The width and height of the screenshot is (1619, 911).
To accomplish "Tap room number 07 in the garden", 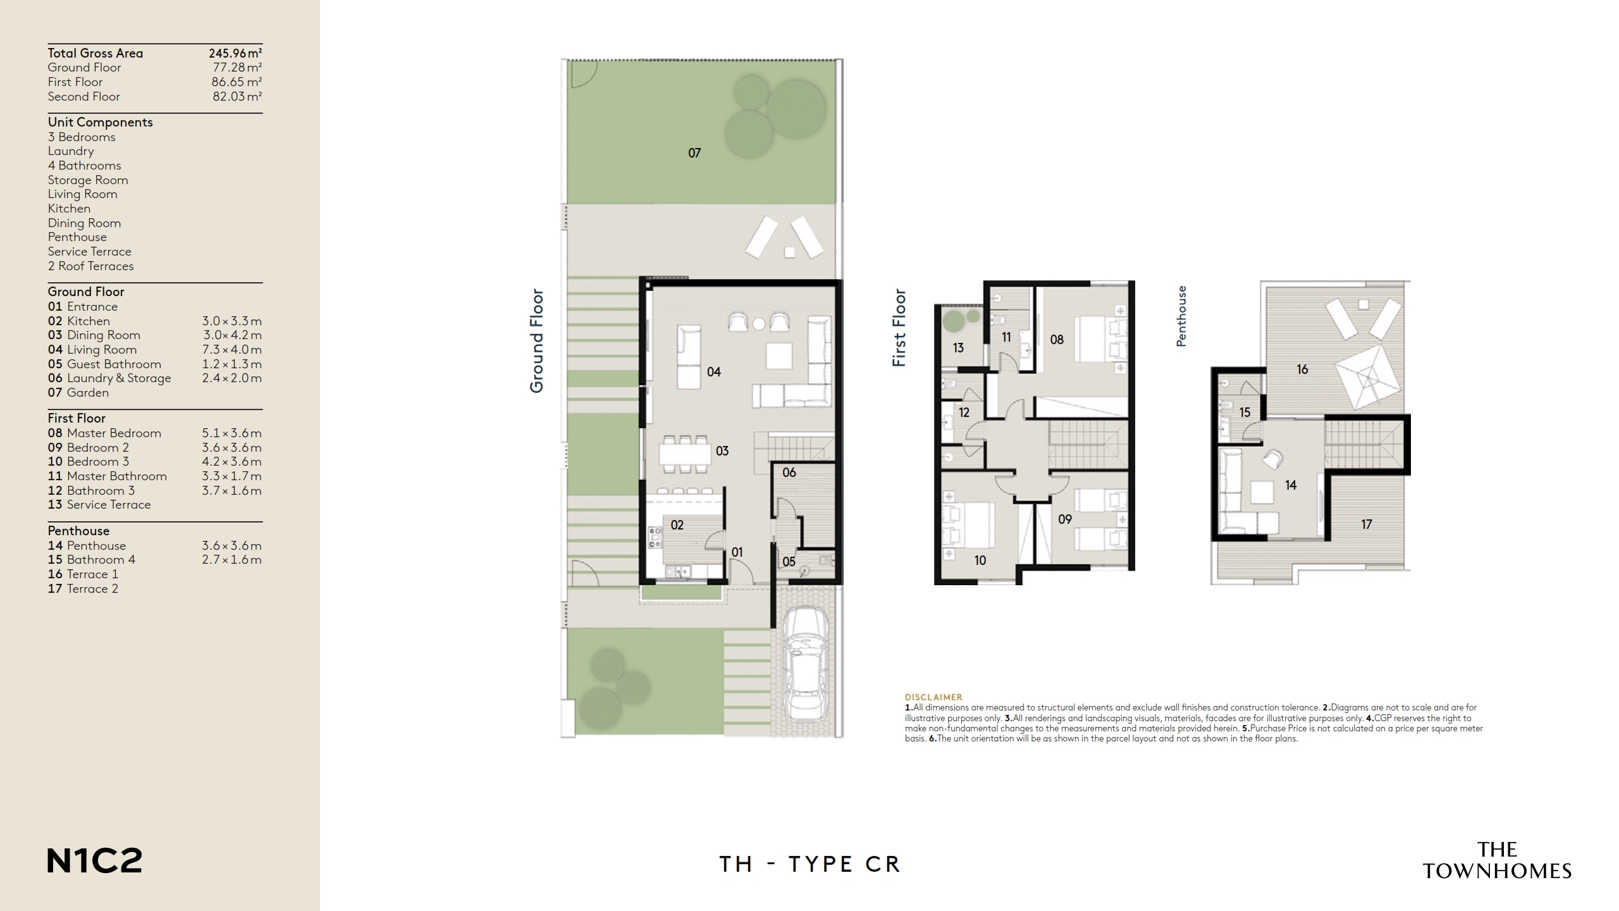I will tap(694, 153).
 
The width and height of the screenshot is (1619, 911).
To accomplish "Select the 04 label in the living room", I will tap(713, 372).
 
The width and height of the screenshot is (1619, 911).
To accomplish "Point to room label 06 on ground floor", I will tap(789, 473).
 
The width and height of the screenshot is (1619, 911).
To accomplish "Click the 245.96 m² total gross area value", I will tap(235, 53).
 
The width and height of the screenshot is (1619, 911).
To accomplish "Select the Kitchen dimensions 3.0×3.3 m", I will tap(231, 321).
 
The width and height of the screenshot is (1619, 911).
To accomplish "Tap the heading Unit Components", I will tap(100, 122).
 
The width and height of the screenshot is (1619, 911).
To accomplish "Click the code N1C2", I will tap(95, 861).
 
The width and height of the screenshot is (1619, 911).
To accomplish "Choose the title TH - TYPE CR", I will tap(809, 864).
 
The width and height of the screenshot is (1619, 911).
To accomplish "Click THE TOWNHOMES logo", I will tap(1497, 860).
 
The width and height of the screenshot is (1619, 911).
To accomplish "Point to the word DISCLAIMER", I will tap(933, 697).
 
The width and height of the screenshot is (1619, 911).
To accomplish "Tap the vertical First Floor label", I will tap(899, 328).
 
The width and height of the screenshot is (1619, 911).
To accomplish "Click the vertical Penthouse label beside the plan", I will tap(1181, 316).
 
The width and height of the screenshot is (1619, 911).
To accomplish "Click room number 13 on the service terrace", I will tap(957, 348).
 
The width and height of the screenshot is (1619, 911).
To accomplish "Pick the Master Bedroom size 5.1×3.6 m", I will tap(231, 433).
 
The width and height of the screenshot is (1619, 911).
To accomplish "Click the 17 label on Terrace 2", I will tap(1366, 524).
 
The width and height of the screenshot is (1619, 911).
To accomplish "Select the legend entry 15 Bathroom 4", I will tap(92, 560).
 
